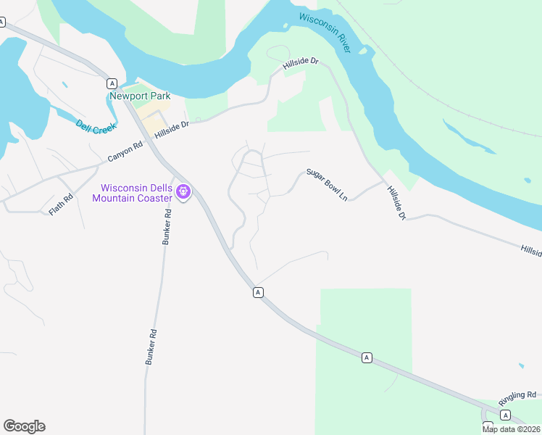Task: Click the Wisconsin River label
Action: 325,31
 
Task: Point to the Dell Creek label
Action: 95,125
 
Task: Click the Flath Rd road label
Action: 62,204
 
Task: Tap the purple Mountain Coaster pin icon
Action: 183,191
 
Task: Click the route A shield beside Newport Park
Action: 112,83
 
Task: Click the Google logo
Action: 24,426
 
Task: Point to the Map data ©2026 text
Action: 512,429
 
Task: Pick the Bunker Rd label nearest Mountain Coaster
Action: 167,226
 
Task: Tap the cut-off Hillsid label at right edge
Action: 530,249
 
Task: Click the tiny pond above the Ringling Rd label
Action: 521,365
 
